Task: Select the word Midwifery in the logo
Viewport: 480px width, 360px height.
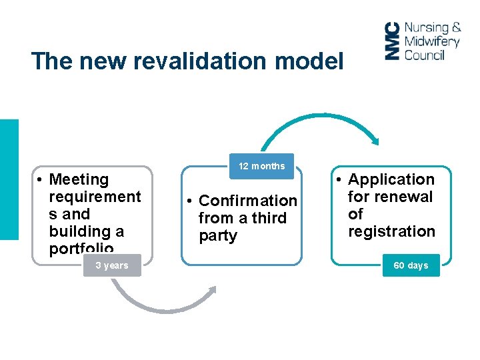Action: (431, 41)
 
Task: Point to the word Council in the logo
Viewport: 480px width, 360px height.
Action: (424, 55)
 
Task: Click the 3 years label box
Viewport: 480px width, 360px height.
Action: (111, 265)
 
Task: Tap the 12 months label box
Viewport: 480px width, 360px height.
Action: (262, 166)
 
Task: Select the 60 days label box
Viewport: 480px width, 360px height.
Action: (411, 265)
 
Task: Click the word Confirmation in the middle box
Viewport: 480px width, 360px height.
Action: (248, 201)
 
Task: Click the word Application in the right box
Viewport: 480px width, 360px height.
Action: (391, 179)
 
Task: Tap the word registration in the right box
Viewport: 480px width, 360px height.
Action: (391, 231)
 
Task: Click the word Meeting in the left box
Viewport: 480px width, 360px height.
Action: (79, 179)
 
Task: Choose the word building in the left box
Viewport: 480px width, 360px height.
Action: (76, 231)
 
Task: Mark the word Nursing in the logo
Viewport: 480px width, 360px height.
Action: (427, 28)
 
